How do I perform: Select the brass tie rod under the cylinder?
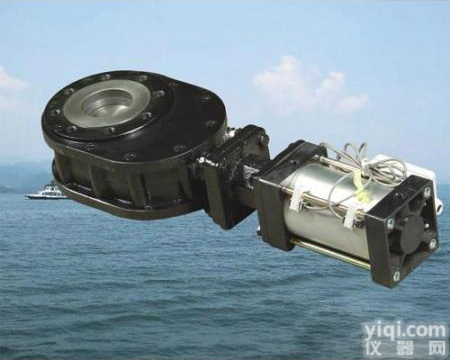[330, 255]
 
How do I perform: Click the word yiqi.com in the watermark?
[405, 331]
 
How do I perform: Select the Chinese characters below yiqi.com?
[405, 348]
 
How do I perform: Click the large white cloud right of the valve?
[308, 88]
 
